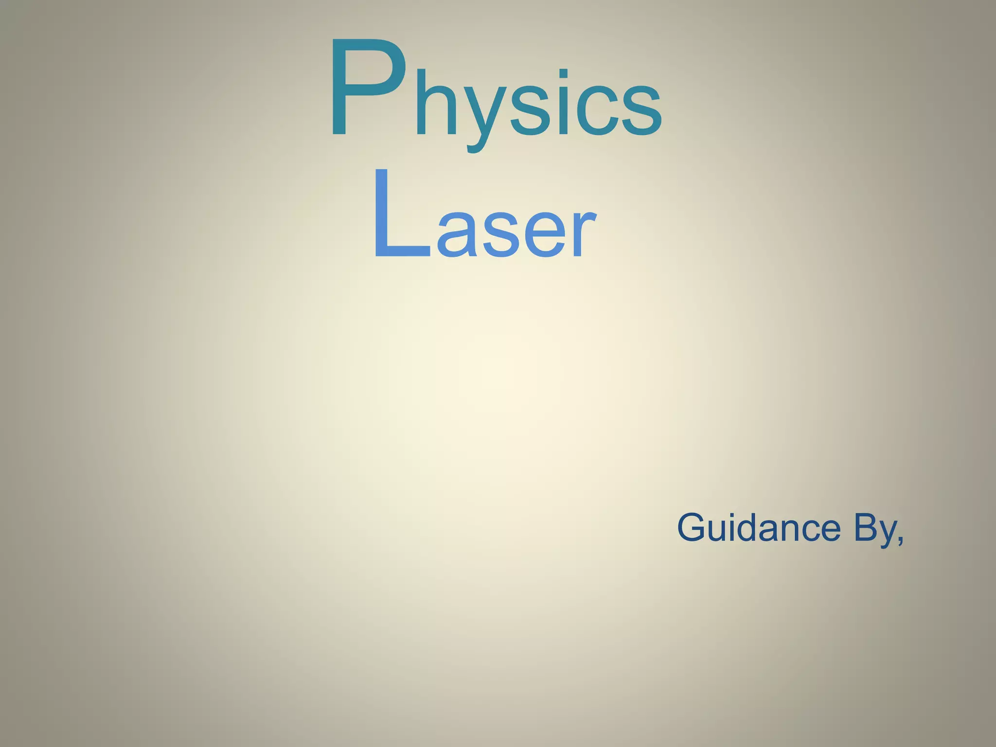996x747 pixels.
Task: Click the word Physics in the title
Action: pyautogui.click(x=495, y=92)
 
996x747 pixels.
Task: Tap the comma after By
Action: pyautogui.click(x=900, y=541)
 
